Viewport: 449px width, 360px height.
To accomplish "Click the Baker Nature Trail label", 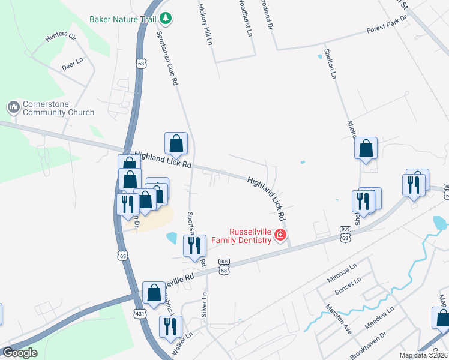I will click(123, 19).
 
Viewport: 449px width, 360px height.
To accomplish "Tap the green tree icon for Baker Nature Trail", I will click(167, 19).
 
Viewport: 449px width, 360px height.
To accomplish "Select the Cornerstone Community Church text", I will click(58, 108).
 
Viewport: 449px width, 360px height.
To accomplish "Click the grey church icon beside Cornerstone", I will click(13, 108).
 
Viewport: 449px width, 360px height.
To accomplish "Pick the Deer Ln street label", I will click(72, 64).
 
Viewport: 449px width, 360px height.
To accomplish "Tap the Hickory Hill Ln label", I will click(205, 24).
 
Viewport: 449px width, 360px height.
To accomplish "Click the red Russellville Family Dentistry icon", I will click(280, 235).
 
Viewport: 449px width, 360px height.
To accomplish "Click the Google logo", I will click(20, 353).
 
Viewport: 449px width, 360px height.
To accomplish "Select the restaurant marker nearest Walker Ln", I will click(170, 326).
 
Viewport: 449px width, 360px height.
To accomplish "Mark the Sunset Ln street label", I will click(348, 286).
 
